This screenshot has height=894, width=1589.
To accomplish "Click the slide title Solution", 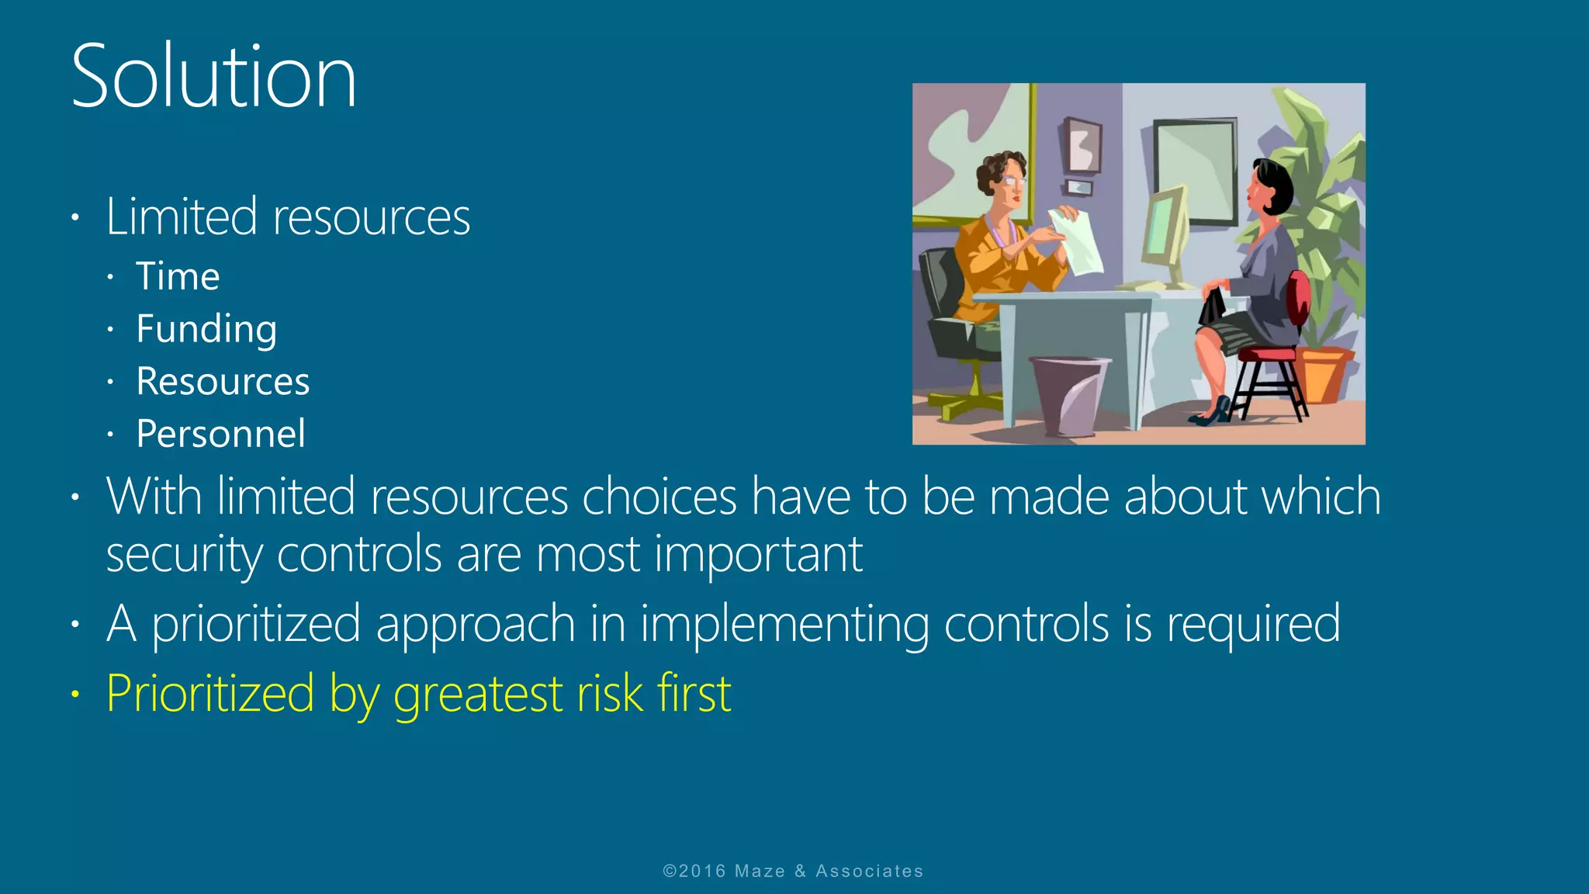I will (x=213, y=77).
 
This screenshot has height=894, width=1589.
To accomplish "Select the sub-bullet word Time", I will (x=178, y=277).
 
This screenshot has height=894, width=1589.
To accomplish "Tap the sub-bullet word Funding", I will (x=206, y=329).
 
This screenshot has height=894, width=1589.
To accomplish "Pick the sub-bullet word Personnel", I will (x=220, y=434).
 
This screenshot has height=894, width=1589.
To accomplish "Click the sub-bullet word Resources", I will (x=223, y=382).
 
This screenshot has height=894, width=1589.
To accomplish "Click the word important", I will (x=758, y=555).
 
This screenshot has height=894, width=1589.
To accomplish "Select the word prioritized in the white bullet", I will (x=256, y=624).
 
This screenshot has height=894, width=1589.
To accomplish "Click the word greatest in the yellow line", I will (x=477, y=694).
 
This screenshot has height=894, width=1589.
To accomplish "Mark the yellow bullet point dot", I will (x=75, y=694).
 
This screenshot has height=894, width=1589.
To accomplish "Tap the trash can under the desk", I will (x=1068, y=394).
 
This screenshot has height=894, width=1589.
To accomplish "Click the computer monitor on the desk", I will (x=1165, y=233).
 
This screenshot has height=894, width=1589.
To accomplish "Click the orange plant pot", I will (x=1324, y=374).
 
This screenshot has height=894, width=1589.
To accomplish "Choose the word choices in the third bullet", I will (x=659, y=497).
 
